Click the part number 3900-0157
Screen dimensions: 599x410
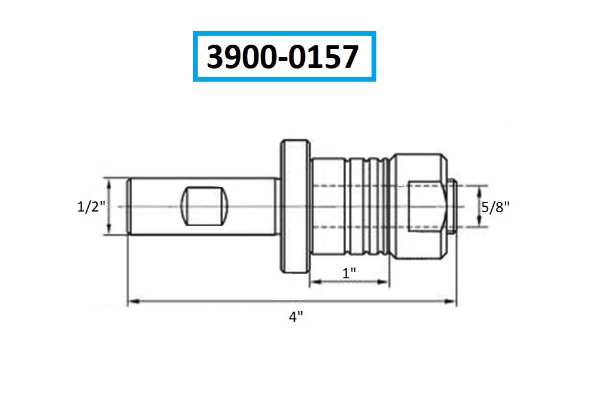(282, 57)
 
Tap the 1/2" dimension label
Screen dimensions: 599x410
(91, 207)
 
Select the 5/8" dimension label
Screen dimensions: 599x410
(495, 207)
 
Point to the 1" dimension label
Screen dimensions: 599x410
(349, 274)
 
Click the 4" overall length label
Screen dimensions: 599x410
(296, 316)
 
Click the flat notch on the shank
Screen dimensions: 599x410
(204, 206)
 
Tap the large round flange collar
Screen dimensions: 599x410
(295, 207)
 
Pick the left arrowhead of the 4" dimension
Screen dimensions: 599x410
(133, 302)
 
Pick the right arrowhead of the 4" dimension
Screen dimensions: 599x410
(451, 302)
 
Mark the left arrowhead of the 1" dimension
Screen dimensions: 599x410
(316, 282)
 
